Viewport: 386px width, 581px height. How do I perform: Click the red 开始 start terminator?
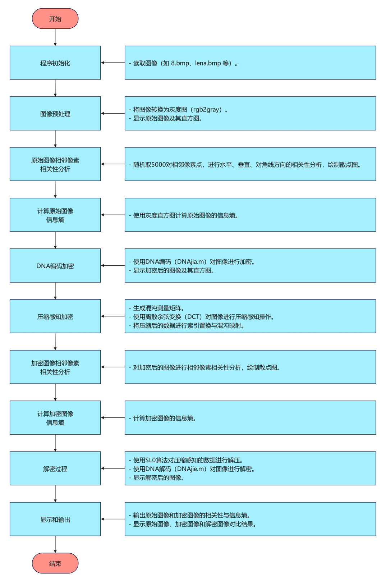[55, 19]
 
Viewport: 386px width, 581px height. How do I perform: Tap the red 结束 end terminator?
[55, 563]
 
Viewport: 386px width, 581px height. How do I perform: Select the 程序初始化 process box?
[55, 63]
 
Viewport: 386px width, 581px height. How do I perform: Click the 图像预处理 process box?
[55, 114]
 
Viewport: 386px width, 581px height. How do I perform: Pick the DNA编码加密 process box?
[55, 266]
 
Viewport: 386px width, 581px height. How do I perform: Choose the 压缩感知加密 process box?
[55, 316]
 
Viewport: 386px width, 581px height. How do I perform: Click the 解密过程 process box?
[55, 468]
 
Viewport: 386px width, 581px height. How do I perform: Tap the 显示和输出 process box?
[55, 519]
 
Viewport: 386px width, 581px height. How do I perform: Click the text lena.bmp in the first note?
[208, 63]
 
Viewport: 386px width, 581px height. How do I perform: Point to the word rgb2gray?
[207, 110]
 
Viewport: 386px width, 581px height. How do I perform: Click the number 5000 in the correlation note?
[158, 165]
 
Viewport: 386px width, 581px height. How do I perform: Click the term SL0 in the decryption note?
[152, 460]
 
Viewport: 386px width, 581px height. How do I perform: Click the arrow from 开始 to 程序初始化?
[55, 37]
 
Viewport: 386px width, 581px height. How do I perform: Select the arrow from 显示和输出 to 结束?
[55, 544]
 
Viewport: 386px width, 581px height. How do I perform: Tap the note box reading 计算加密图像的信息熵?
[250, 418]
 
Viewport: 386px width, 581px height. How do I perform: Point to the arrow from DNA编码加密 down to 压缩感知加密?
[55, 291]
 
